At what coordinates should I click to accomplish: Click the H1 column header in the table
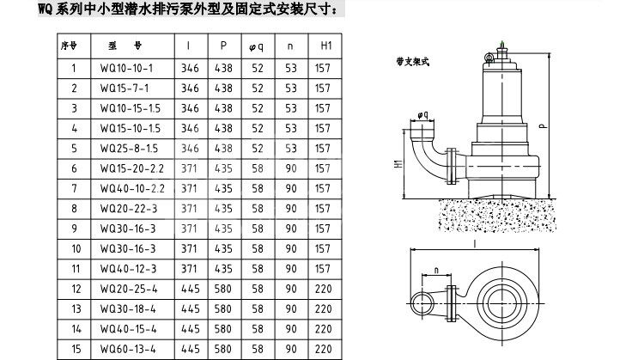(x=322, y=44)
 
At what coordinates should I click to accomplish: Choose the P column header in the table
(x=223, y=44)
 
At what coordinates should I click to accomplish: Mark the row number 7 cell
(x=74, y=187)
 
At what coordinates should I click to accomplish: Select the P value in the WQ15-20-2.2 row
(x=223, y=168)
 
